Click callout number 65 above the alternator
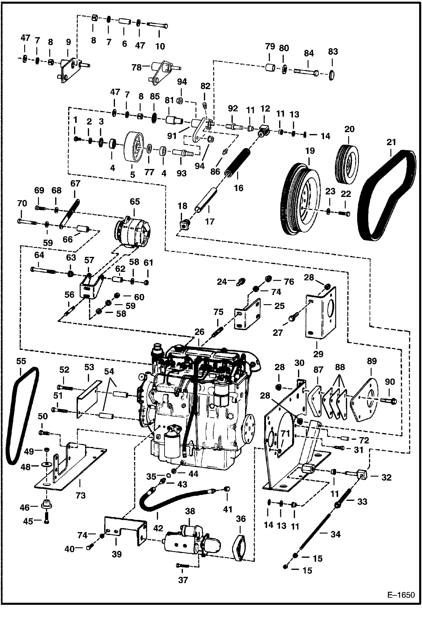tap(134, 201)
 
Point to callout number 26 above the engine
tap(199, 332)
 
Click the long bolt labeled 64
tap(44, 270)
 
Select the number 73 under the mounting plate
tap(81, 495)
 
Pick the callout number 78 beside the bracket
tap(137, 68)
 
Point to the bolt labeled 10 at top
tap(157, 25)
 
